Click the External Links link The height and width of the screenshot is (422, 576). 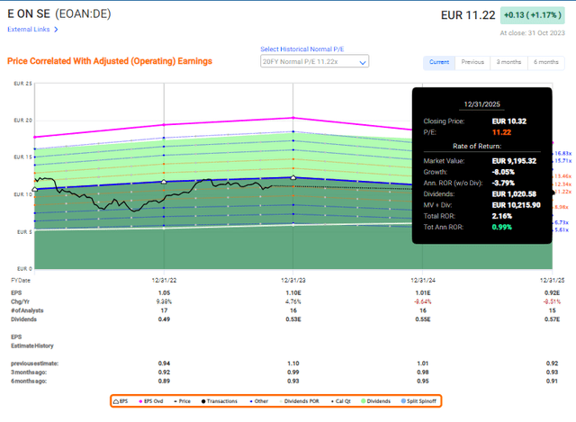pyautogui.click(x=30, y=29)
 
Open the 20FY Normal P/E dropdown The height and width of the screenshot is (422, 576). pyautogui.click(x=313, y=62)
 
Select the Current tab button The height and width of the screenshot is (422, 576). pyautogui.click(x=439, y=62)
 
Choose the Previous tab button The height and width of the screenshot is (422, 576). pyautogui.click(x=472, y=62)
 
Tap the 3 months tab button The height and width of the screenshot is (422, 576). pyautogui.click(x=508, y=62)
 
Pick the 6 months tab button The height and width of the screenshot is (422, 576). pyautogui.click(x=544, y=62)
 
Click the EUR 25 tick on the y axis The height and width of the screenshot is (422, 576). pyautogui.click(x=22, y=84)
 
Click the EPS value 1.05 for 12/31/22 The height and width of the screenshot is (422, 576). pyautogui.click(x=164, y=293)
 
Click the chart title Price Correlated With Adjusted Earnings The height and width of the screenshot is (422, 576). pyautogui.click(x=109, y=61)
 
